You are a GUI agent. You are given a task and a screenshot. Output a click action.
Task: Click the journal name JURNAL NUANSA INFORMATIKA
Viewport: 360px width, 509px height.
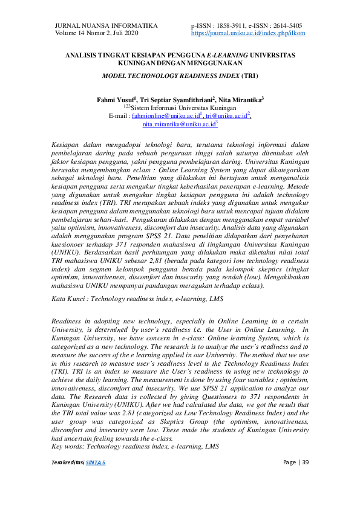click(x=106, y=25)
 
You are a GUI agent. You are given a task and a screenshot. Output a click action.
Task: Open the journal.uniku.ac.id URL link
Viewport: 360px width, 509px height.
click(x=248, y=34)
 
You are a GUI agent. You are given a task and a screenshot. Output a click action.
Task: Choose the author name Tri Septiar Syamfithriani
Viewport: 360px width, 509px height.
click(x=175, y=99)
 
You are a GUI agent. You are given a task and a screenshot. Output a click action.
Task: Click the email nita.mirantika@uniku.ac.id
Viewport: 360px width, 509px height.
click(x=178, y=124)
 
